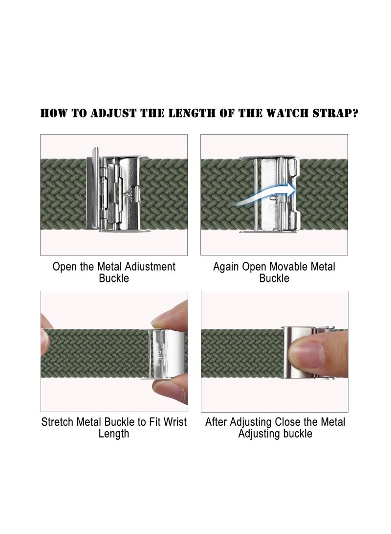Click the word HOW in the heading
(x=53, y=114)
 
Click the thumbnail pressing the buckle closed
(x=306, y=352)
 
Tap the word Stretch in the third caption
(x=58, y=422)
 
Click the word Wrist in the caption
(x=174, y=422)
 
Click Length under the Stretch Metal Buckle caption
(x=114, y=434)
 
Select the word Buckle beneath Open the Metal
(x=114, y=279)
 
